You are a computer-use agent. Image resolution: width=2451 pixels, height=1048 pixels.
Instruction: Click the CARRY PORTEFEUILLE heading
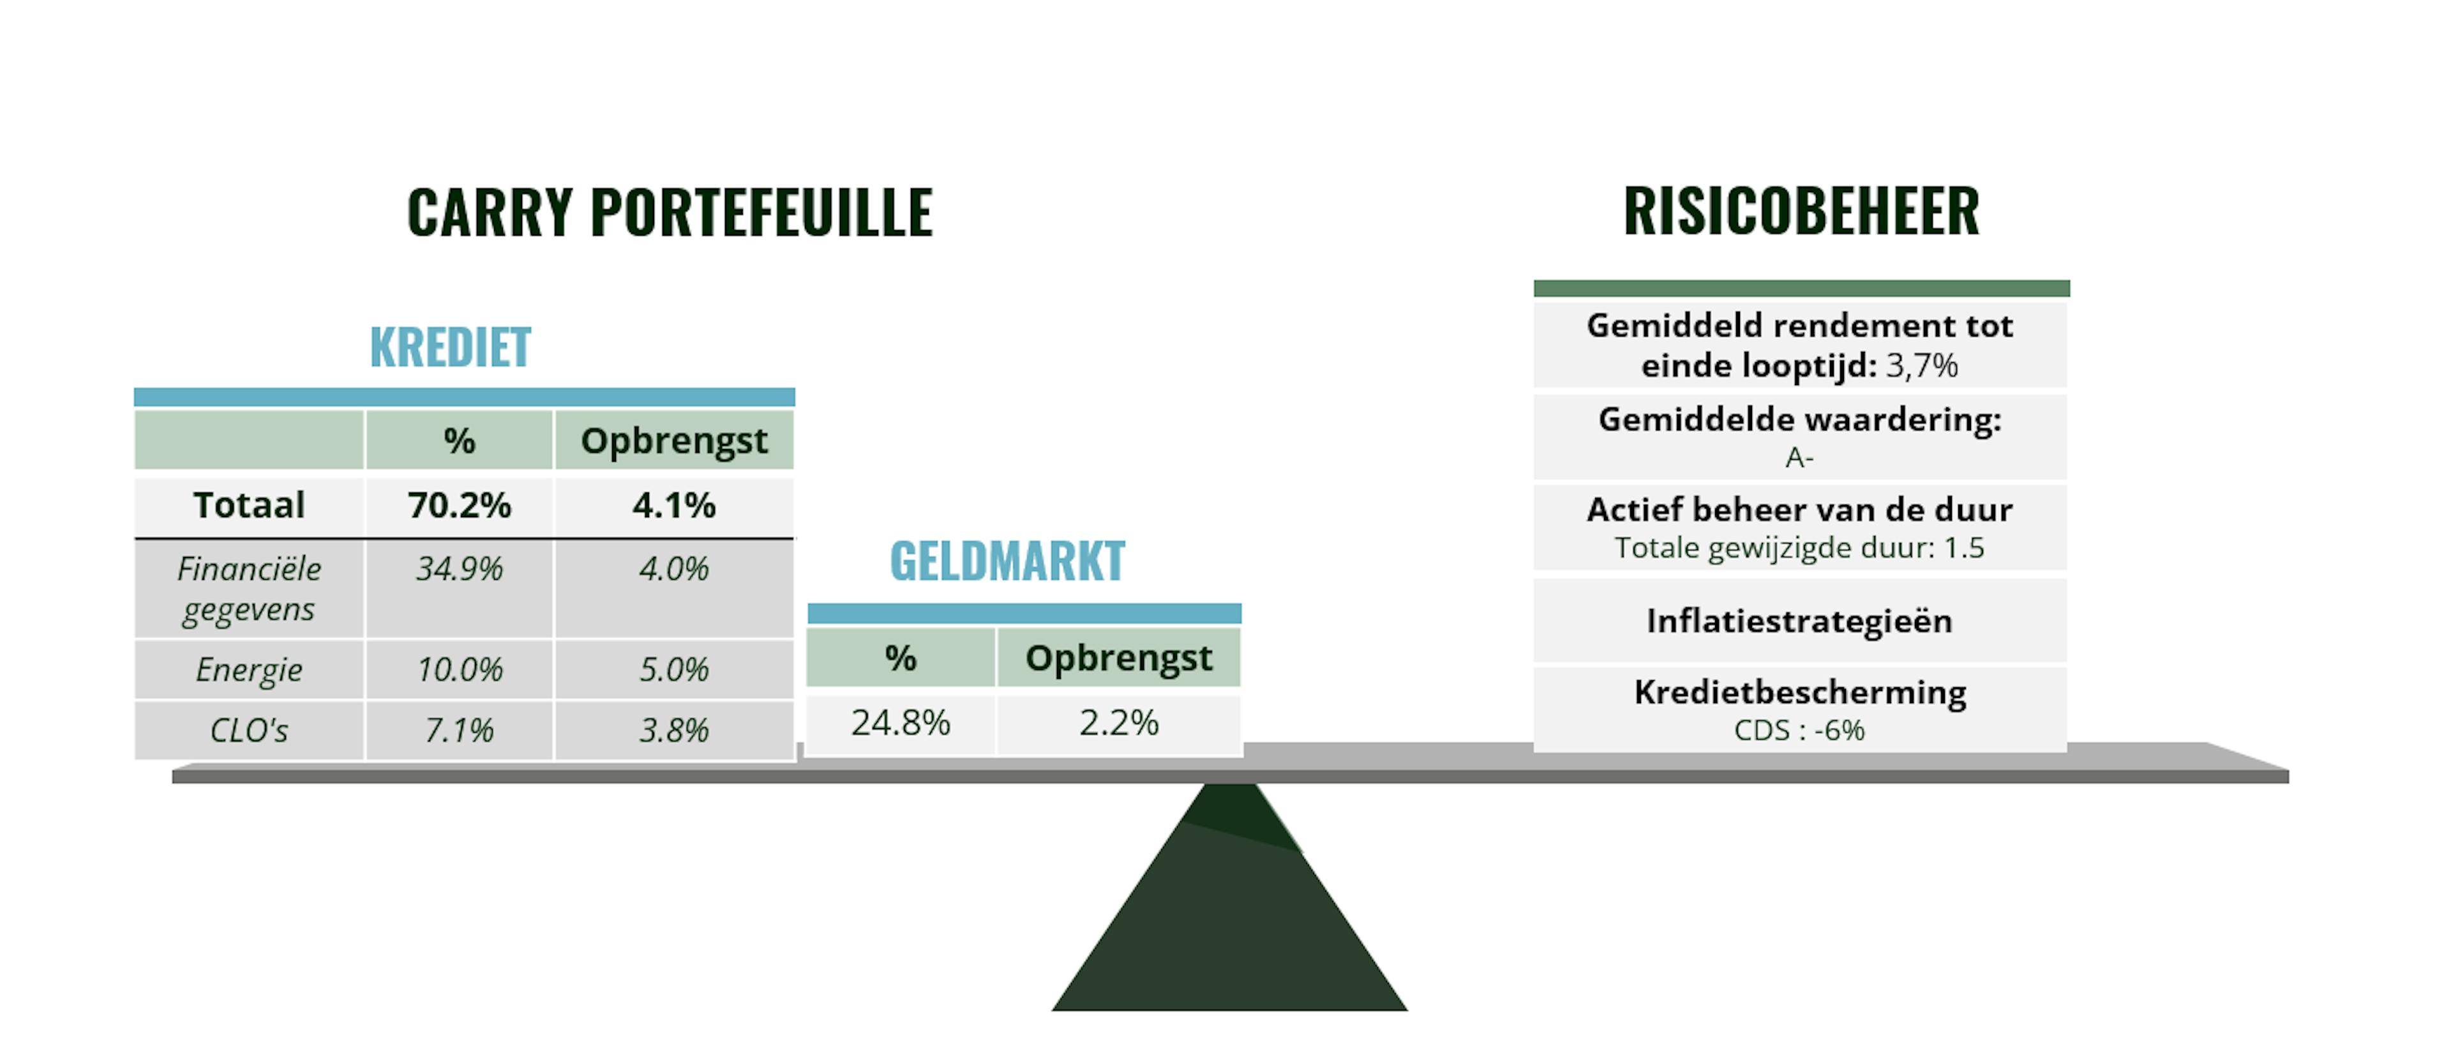(670, 212)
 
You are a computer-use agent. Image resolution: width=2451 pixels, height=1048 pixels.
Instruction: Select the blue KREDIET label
(450, 347)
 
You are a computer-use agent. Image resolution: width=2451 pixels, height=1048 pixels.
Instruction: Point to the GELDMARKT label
(1008, 561)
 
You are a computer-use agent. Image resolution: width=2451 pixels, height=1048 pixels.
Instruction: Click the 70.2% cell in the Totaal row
(460, 505)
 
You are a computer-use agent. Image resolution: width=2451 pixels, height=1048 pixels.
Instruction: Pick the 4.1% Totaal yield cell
(673, 505)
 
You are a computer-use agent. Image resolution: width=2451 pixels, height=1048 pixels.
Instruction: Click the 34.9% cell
(460, 569)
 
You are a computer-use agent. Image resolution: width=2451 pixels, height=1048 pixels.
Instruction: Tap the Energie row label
(250, 670)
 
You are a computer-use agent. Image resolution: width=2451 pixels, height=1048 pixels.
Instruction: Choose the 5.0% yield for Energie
(673, 670)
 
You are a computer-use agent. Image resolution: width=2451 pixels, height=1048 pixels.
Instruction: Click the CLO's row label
(250, 731)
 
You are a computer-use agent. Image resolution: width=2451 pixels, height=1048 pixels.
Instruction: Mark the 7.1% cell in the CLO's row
(460, 731)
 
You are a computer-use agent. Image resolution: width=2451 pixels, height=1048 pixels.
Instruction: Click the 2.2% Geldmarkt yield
(1119, 724)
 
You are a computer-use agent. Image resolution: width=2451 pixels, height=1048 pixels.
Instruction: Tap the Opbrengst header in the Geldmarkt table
(1119, 658)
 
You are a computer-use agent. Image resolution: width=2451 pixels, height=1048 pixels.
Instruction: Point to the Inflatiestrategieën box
(1799, 621)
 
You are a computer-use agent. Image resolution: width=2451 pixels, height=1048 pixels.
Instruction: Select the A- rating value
(1799, 458)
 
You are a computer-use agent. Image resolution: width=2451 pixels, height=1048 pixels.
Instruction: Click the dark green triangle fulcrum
(1229, 914)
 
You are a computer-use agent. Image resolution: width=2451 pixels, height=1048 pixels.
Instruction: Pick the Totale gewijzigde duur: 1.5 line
(1799, 549)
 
